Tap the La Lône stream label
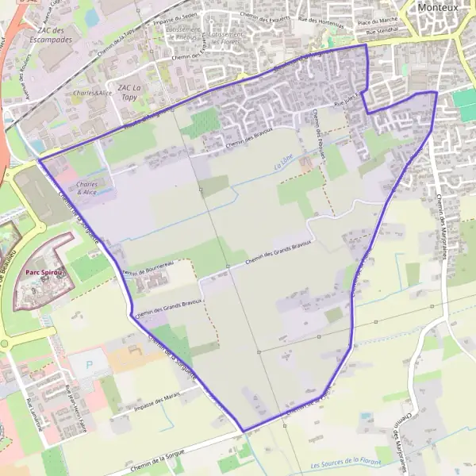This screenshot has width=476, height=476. point(282,167)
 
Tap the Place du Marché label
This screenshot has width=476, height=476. point(377,21)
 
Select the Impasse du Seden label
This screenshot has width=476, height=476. point(176,16)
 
